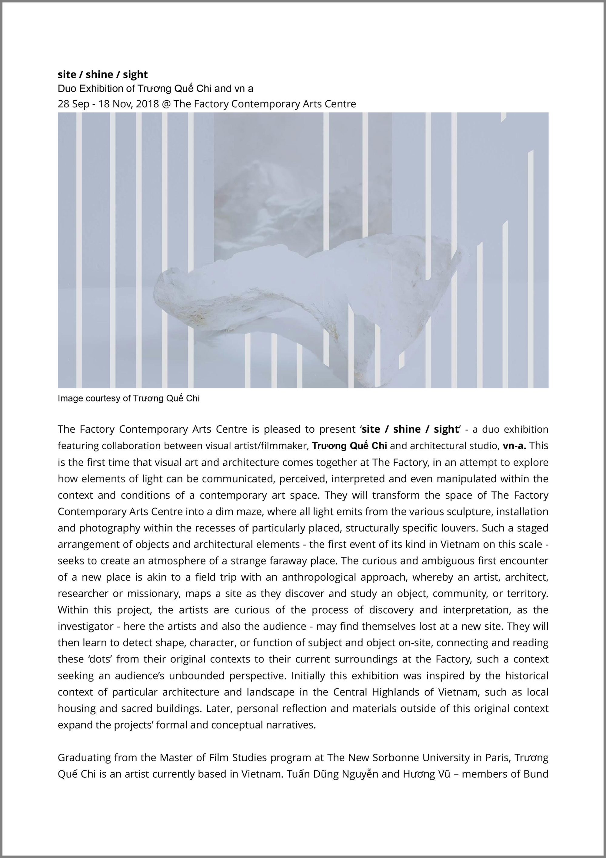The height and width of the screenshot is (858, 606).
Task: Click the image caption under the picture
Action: [x=128, y=398]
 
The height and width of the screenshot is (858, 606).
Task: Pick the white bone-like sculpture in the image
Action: [x=299, y=295]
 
